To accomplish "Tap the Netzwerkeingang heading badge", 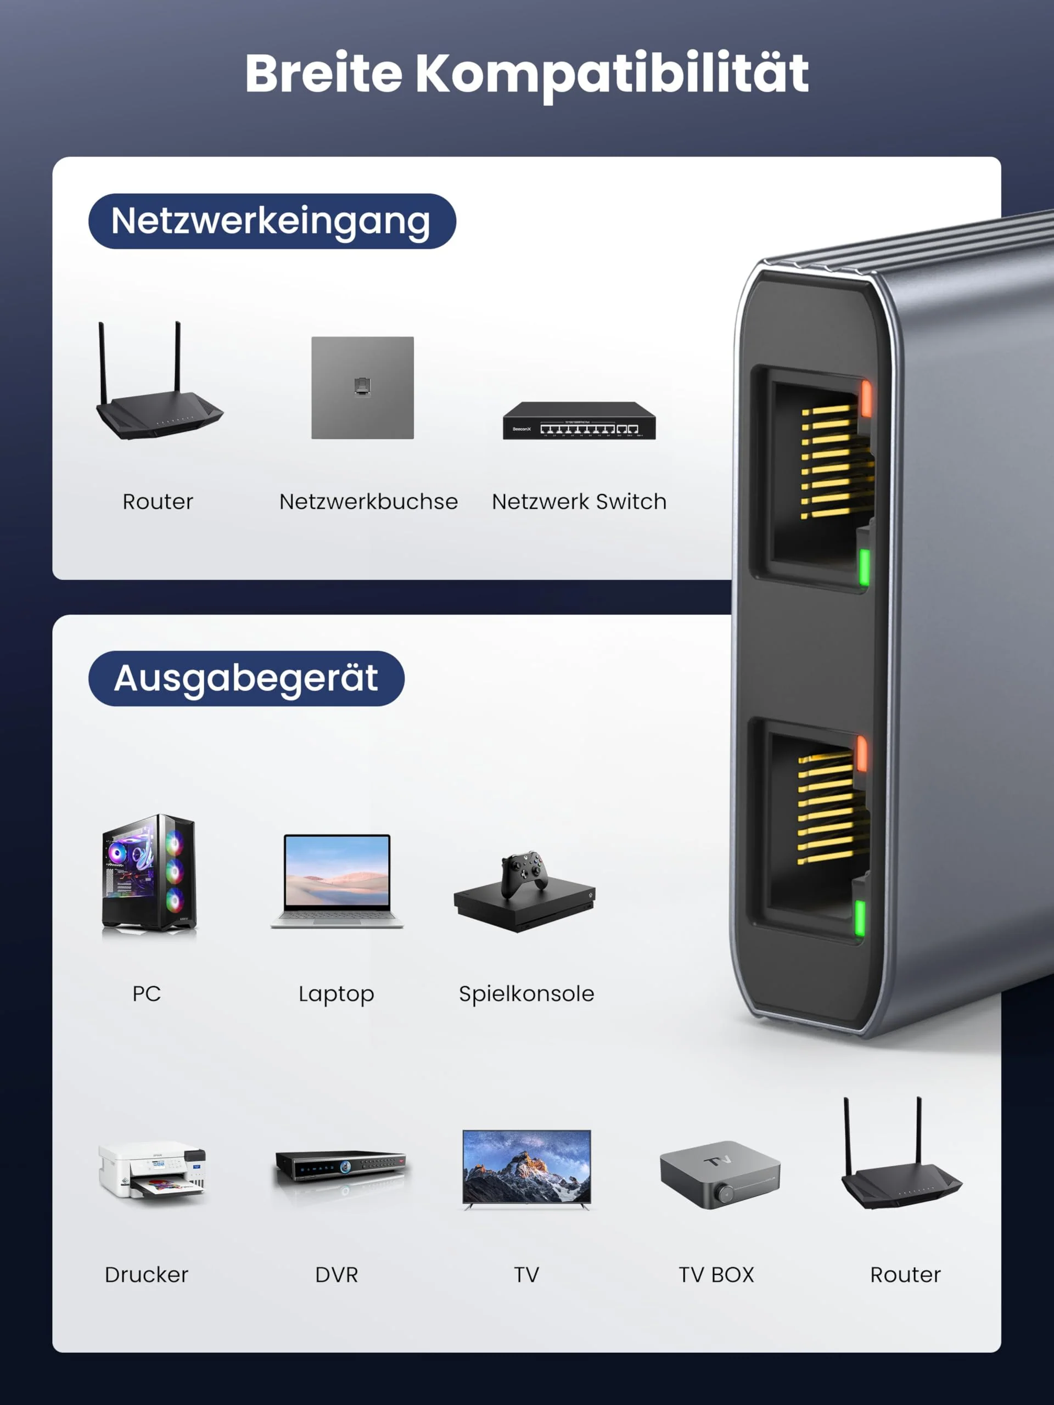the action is point(272,221).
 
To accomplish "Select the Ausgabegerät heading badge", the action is point(246,678).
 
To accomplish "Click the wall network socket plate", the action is point(362,387).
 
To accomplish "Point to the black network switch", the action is point(579,420).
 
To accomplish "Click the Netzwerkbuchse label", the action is point(368,502).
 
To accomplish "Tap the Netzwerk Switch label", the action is point(579,502).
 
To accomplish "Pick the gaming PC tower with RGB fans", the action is point(149,873).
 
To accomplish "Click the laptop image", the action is point(337,881).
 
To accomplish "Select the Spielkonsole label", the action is point(526,993).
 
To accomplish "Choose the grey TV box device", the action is point(720,1174).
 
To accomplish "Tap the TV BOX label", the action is point(716,1275).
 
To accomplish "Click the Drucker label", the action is point(147,1275).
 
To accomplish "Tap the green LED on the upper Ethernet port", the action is point(864,566).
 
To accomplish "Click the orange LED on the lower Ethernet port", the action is point(861,754).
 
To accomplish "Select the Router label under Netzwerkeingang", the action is point(158,502).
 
